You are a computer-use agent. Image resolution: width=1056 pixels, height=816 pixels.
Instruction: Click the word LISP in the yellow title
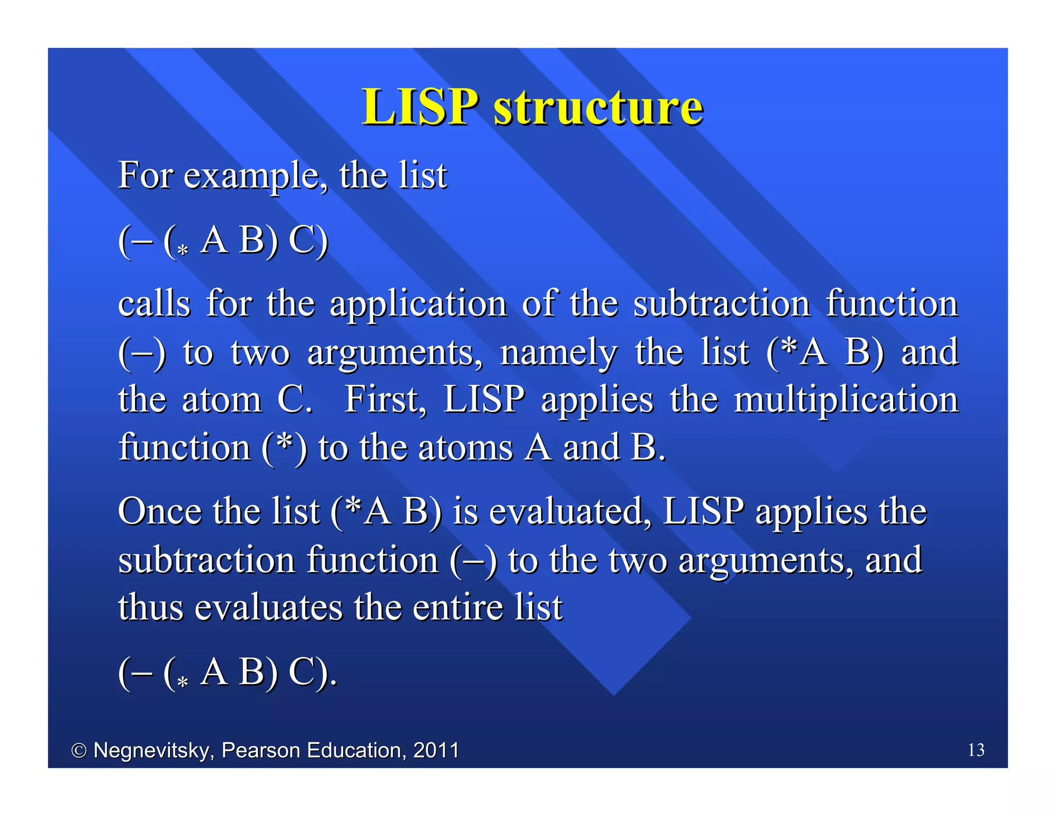click(x=420, y=107)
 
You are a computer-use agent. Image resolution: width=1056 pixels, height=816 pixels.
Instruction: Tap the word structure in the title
click(x=598, y=107)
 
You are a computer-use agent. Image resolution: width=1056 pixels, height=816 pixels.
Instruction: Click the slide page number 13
click(x=976, y=749)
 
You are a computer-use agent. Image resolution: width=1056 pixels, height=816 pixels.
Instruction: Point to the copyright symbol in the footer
click(x=78, y=750)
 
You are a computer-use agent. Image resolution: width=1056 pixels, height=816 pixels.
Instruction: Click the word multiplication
click(x=846, y=400)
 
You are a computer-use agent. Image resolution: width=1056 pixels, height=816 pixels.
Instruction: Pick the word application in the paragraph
click(x=418, y=304)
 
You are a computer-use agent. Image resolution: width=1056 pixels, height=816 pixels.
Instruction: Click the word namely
click(x=558, y=353)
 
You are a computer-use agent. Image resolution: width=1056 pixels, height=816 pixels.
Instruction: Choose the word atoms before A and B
click(x=466, y=448)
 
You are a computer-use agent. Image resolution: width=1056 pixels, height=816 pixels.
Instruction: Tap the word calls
click(x=154, y=304)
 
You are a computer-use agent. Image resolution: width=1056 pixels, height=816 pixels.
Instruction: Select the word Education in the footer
click(x=354, y=750)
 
